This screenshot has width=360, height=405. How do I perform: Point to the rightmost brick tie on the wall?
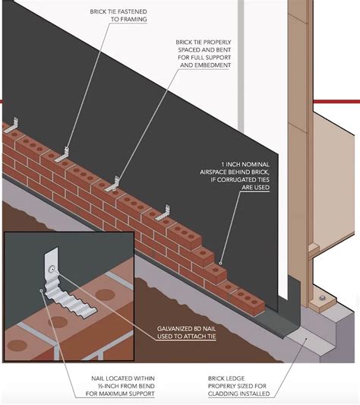165,207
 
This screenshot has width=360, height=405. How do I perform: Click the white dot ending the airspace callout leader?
219,265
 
